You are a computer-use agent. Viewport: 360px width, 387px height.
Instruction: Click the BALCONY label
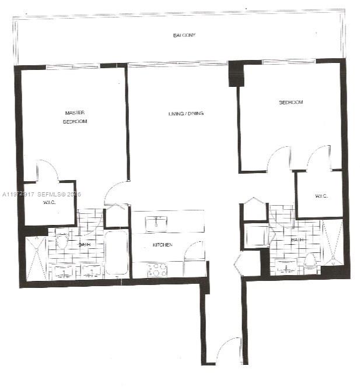point(184,36)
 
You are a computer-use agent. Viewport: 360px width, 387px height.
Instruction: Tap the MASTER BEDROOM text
point(76,117)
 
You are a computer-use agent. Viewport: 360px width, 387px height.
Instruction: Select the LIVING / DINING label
point(186,113)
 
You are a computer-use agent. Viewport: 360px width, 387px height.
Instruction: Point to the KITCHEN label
point(162,245)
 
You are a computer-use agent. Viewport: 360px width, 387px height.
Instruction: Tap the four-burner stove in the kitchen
point(157,270)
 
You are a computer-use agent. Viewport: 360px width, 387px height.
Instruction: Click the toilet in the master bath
point(62,240)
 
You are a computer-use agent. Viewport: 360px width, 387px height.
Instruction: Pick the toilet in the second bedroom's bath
point(310,262)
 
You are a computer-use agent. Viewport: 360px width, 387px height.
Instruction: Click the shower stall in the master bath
point(37,257)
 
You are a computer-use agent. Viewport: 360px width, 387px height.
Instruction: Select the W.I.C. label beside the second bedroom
point(321,196)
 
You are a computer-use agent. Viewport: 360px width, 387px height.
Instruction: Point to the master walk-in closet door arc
point(47,170)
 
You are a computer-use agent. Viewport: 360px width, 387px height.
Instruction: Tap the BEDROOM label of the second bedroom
point(291,103)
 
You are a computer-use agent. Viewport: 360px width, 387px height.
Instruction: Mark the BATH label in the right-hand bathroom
point(297,240)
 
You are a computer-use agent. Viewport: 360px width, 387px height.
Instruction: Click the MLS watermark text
point(41,194)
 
